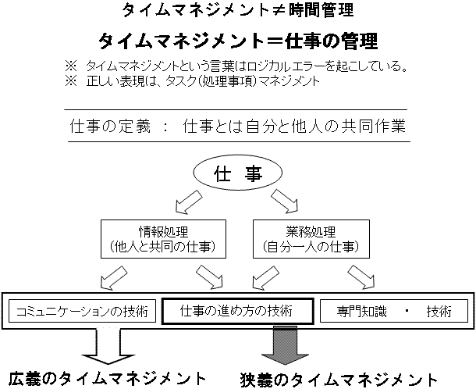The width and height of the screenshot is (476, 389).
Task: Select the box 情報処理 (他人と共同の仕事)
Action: (163, 239)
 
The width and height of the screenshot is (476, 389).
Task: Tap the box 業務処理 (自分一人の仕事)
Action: (311, 239)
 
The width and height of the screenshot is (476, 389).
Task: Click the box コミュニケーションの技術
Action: (82, 311)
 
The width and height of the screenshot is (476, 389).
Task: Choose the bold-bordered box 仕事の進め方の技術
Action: (238, 311)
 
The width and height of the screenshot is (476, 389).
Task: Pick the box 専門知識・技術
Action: (394, 311)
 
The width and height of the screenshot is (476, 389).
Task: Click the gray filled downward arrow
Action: (285, 345)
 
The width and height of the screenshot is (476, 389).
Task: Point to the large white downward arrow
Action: (108, 347)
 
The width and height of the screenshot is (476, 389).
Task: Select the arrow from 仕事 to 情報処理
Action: (189, 202)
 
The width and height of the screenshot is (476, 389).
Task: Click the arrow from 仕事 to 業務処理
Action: (285, 201)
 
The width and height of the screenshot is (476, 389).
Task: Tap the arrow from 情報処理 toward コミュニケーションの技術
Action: (114, 278)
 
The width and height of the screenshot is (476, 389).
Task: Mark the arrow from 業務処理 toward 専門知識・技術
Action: (361, 277)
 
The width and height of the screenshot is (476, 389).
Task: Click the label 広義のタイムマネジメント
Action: (107, 379)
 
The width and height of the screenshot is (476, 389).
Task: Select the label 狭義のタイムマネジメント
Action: (339, 380)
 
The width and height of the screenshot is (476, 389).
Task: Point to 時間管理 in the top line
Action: (321, 10)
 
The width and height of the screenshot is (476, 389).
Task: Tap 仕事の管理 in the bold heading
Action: (332, 41)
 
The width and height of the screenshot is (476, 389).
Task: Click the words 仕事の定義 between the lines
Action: (110, 126)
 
